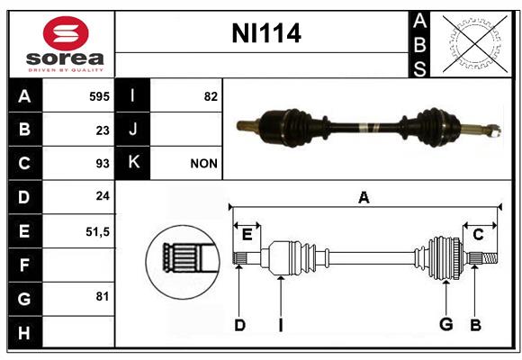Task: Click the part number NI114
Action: click(266, 33)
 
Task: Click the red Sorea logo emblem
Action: click(66, 33)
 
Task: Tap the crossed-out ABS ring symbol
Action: click(475, 44)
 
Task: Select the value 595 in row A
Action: click(99, 96)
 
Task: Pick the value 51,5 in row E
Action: click(97, 232)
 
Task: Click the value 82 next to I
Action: click(211, 96)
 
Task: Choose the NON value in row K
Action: click(203, 164)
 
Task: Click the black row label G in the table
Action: click(25, 299)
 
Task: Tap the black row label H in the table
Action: click(25, 332)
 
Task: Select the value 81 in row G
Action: click(103, 296)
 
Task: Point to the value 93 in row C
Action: click(103, 164)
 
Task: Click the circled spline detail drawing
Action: click(183, 262)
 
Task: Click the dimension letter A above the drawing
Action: click(364, 197)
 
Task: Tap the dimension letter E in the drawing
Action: click(247, 235)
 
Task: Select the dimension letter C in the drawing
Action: click(478, 235)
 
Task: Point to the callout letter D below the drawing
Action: click(239, 325)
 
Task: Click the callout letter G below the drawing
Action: click(446, 324)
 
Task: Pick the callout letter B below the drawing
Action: click(475, 325)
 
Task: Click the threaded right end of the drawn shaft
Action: click(490, 258)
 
